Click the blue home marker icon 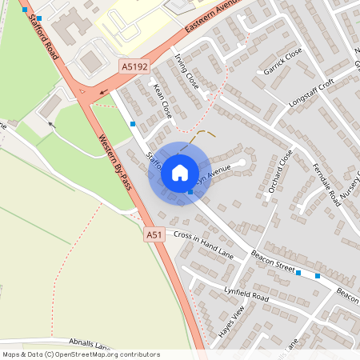(180, 172)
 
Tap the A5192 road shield (135, 67)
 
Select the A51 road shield (154, 234)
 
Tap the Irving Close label (186, 71)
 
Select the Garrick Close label (282, 61)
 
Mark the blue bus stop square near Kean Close (132, 124)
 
